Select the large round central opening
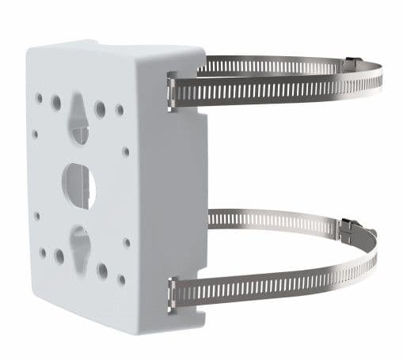click(78, 184)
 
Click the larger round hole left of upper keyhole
click(56, 103)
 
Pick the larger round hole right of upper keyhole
click(101, 108)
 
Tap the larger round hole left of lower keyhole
click(59, 256)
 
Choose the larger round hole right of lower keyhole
click(102, 271)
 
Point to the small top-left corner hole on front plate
click(39, 98)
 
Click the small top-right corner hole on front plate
click(120, 110)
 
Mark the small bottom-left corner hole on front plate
click(43, 253)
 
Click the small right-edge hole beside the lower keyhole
click(126, 243)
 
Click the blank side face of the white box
click(166, 198)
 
